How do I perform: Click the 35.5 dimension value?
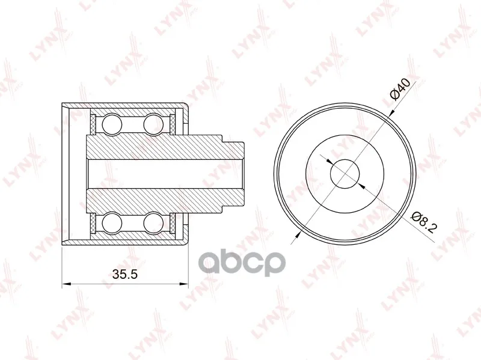pos(125,274)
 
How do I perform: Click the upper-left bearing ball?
pos(112,124)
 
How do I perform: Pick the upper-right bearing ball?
pos(153,124)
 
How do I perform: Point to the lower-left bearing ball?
pos(112,223)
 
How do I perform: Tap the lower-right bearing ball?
pos(153,223)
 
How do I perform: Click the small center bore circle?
pos(345,174)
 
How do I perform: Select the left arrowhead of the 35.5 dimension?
pos(66,284)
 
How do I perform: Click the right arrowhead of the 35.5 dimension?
pos(184,284)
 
